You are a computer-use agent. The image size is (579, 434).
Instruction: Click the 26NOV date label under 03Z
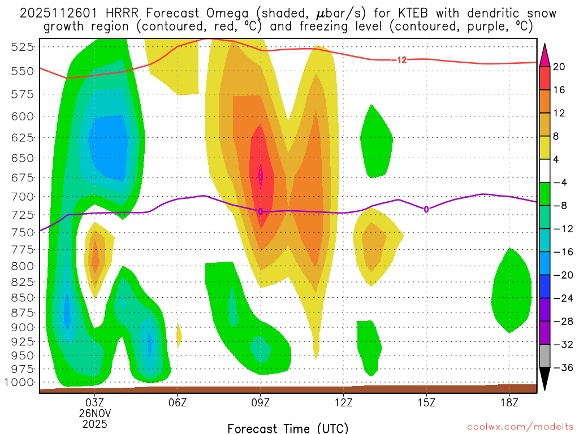[x=94, y=413]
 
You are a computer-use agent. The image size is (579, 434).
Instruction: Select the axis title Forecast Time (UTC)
[x=288, y=428]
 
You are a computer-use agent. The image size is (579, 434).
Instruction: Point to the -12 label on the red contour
[x=401, y=60]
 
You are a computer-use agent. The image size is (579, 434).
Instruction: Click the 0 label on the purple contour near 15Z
[x=426, y=210]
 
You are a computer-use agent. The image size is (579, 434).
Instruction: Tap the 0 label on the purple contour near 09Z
[x=261, y=211]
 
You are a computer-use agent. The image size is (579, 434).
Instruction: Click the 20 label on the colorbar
[x=560, y=67]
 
